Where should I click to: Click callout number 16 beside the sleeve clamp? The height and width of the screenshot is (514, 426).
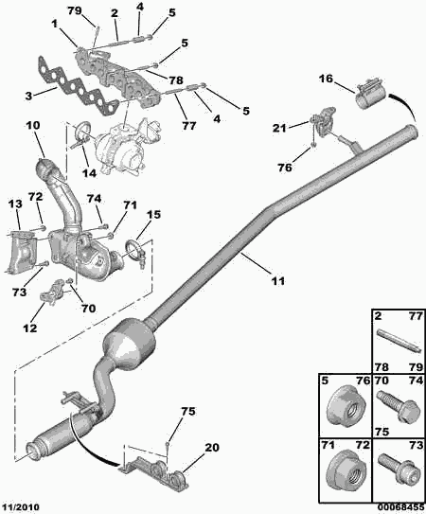pyautogui.click(x=326, y=79)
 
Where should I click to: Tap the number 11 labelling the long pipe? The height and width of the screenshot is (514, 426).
pyautogui.click(x=277, y=281)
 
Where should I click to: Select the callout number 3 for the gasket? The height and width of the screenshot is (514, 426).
pyautogui.click(x=28, y=96)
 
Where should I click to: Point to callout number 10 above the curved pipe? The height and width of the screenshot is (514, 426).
pyautogui.click(x=33, y=125)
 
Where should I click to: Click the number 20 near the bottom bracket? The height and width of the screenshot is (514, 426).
pyautogui.click(x=212, y=447)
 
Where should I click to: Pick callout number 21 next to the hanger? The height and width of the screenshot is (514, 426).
pyautogui.click(x=279, y=128)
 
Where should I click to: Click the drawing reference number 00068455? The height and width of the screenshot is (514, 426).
pyautogui.click(x=400, y=507)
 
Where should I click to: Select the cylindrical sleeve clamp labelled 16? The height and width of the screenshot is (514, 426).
pyautogui.click(x=371, y=94)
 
